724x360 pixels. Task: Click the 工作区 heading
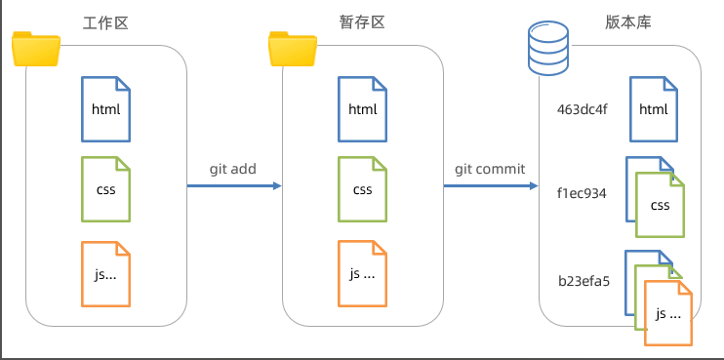click(x=105, y=22)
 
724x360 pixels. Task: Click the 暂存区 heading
click(x=362, y=22)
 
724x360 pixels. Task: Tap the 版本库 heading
click(x=628, y=22)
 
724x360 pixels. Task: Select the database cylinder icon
click(x=548, y=49)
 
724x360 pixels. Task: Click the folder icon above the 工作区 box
click(x=36, y=49)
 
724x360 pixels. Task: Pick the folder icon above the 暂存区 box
click(x=293, y=49)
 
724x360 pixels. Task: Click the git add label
click(x=232, y=169)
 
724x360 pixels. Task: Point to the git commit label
click(x=490, y=169)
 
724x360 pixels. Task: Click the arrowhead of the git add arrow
click(x=277, y=186)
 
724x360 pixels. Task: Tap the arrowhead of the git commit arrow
click(x=534, y=186)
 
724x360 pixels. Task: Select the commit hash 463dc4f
click(x=582, y=110)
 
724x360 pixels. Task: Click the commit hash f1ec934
click(x=582, y=193)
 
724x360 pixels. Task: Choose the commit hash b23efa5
click(x=583, y=281)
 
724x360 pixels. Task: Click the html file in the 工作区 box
click(x=105, y=109)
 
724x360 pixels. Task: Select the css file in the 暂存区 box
click(x=362, y=189)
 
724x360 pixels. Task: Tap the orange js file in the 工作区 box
click(x=105, y=274)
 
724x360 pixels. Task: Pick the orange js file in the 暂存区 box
click(x=362, y=274)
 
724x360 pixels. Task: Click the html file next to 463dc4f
click(x=654, y=109)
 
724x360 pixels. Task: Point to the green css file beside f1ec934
click(x=660, y=205)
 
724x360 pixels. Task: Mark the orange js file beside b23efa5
click(x=668, y=313)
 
